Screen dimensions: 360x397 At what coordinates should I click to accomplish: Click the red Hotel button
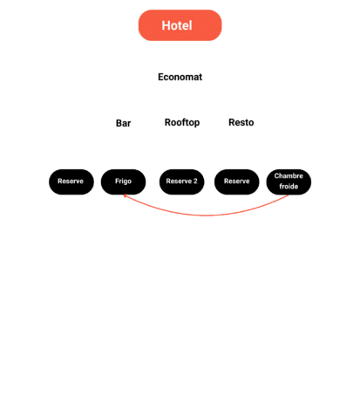coord(180,25)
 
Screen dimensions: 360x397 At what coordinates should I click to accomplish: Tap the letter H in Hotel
coord(166,25)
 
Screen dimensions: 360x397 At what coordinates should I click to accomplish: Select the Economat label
coord(180,77)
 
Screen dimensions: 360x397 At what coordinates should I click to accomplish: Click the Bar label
coord(123,123)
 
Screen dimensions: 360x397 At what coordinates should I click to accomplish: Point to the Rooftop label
coord(182,122)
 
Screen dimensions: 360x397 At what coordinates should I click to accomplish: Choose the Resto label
coord(241,122)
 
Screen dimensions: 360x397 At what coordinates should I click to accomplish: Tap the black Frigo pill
coord(123,181)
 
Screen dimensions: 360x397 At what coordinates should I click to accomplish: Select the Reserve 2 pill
coord(181,181)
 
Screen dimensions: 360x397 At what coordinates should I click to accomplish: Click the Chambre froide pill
coord(289,181)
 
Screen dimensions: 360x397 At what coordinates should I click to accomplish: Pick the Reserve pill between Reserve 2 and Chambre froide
coord(236,181)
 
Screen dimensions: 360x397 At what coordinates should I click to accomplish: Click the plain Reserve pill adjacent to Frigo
coord(71,181)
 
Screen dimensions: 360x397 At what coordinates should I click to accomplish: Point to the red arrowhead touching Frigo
coord(125,196)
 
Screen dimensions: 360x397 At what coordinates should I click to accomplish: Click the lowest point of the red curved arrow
coord(207,216)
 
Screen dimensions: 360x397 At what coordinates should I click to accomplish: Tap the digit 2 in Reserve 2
coord(195,181)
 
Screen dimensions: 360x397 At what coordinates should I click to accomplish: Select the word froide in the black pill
coord(289,187)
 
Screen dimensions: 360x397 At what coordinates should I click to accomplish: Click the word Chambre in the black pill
coord(289,176)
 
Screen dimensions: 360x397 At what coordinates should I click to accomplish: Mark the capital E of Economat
coord(160,77)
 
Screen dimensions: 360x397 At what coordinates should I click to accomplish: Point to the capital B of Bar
coord(119,123)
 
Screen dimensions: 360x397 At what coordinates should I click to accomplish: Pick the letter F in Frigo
coord(117,181)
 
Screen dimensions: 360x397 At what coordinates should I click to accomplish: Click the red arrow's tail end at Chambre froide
coord(289,195)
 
